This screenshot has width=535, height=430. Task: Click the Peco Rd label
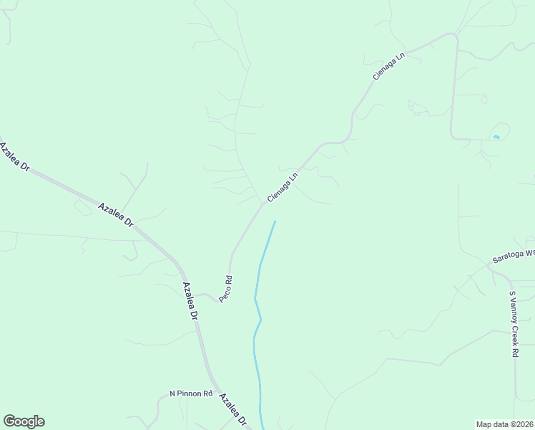226,288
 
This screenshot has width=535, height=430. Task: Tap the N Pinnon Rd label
191,393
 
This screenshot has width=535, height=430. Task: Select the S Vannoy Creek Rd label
513,324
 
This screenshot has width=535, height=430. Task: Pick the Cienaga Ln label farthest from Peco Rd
388,64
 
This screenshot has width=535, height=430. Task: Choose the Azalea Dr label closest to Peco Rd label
190,301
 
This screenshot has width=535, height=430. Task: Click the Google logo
24,421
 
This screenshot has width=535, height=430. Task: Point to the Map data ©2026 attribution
504,424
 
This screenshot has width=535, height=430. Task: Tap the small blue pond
496,137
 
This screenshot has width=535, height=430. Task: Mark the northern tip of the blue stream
275,222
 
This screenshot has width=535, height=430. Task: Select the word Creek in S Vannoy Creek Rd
513,331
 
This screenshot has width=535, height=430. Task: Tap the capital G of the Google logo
9,421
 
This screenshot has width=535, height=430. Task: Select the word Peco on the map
225,293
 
